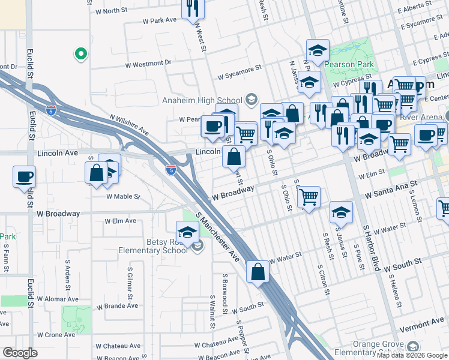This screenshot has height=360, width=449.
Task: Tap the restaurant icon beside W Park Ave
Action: click(x=193, y=9)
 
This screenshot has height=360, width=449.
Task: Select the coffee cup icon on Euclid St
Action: click(x=24, y=178)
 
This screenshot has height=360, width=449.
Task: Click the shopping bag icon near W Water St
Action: click(x=258, y=272)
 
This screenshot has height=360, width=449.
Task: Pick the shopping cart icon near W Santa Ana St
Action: click(x=309, y=197)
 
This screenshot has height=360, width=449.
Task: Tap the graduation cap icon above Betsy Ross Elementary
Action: click(x=187, y=232)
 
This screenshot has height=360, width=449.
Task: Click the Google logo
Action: click(x=19, y=353)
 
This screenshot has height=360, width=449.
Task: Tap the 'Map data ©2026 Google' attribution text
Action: click(x=412, y=355)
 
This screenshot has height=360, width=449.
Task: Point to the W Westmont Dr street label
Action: click(x=148, y=63)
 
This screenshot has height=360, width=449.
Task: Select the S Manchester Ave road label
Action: click(x=217, y=239)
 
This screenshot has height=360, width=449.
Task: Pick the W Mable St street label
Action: click(x=123, y=196)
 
